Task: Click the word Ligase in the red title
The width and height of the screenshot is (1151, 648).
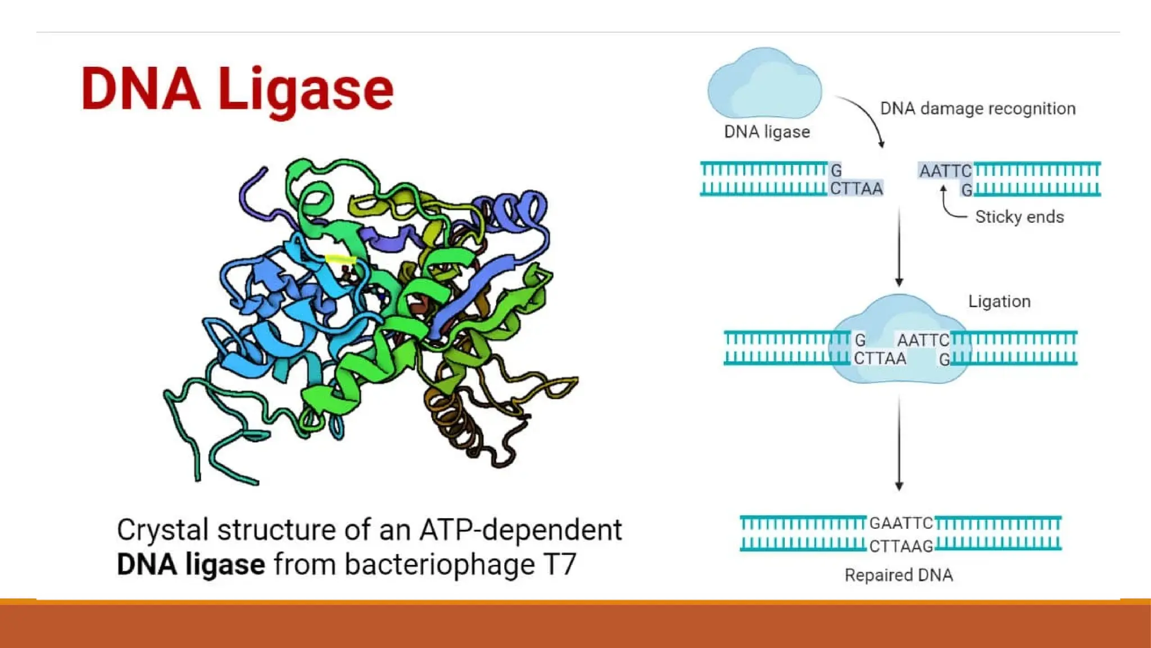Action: pos(306,90)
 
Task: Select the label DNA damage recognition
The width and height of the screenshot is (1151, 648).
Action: pos(977,109)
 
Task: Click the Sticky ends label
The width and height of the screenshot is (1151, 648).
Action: pos(1019,217)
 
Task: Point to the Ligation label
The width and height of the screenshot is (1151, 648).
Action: pos(999,301)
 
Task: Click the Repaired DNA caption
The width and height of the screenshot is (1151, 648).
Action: pos(898,575)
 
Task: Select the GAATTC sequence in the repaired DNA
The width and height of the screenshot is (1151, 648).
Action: pos(901,523)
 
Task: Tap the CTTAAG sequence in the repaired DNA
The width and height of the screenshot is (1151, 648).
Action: pos(901,546)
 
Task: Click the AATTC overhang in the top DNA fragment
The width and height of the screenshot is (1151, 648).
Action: pos(945,171)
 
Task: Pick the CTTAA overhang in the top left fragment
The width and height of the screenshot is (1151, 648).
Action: pos(856,189)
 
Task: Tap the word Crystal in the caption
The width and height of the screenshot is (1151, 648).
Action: pos(162,530)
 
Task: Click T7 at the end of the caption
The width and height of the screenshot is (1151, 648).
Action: pos(559,564)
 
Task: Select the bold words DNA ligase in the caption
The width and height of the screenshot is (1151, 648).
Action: pos(191,564)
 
